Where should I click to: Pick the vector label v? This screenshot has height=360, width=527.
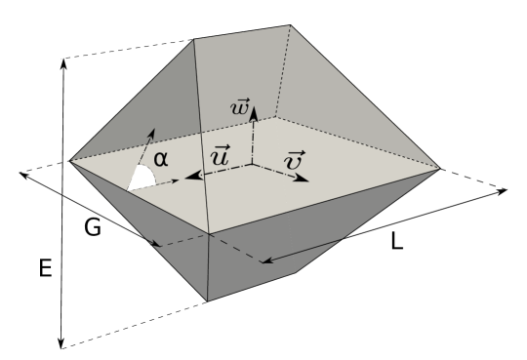tap(293, 160)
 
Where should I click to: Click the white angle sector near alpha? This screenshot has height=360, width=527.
tap(142, 177)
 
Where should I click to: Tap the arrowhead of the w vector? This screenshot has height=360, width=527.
tap(253, 109)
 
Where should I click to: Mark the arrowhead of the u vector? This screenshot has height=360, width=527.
tap(189, 177)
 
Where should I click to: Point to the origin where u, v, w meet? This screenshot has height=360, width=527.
tap(253, 164)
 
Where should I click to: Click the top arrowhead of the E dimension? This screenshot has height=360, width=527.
tap(62, 60)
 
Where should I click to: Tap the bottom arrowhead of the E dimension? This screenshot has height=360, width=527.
tap(62, 344)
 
